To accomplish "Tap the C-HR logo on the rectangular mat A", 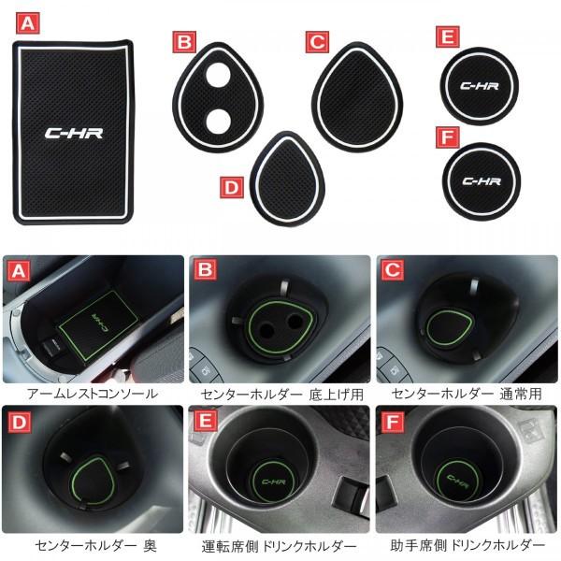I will [x=76, y=133].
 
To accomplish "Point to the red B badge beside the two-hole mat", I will [x=186, y=42].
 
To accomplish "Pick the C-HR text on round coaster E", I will [x=481, y=87].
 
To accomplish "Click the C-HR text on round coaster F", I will [x=481, y=180].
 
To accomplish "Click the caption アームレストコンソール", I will [x=93, y=393].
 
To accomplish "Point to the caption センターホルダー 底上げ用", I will [x=281, y=393].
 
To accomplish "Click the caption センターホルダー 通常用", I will [x=467, y=393].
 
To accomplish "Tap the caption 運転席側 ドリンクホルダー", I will [x=280, y=544].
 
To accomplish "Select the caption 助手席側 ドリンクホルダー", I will [x=467, y=544].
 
